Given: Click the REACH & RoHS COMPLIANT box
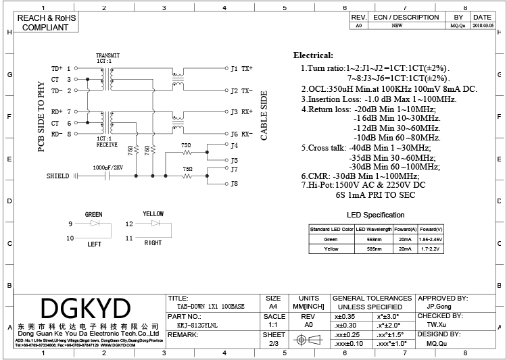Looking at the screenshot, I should click(45, 23).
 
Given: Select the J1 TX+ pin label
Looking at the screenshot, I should click(241, 68).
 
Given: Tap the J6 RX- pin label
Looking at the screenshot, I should click(241, 134).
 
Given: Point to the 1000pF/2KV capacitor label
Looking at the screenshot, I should click(107, 166).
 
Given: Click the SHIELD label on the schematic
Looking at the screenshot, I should click(57, 176).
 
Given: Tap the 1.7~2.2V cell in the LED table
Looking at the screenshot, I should click(431, 249).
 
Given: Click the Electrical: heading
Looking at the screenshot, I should click(313, 55).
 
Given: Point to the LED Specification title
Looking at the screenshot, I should click(376, 215).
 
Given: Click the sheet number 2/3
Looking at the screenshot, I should click(273, 344).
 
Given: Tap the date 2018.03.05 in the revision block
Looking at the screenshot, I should click(482, 25).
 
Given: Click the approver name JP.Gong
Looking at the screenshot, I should click(439, 306).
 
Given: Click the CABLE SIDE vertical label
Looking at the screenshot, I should click(264, 117).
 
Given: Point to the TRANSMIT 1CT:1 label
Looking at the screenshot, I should click(108, 57).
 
